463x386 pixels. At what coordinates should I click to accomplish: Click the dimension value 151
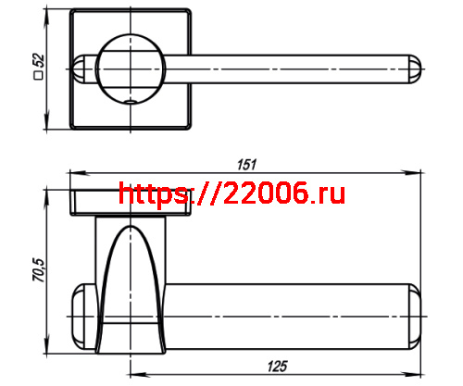[246, 165]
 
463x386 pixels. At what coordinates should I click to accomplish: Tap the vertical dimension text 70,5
[37, 270]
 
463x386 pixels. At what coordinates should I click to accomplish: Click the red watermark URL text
[232, 193]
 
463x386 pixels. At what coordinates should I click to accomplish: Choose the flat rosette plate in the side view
[130, 203]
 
